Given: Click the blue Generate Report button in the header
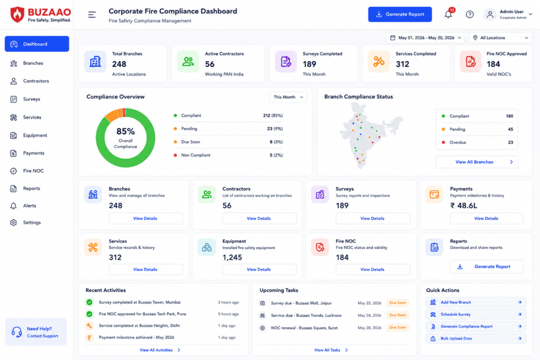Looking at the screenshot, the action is [x=400, y=14].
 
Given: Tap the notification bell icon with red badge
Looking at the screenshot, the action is [x=449, y=14].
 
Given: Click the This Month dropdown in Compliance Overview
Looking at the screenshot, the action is [x=288, y=97].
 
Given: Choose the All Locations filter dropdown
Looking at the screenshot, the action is [x=500, y=38].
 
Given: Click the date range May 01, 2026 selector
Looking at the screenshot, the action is [x=426, y=38].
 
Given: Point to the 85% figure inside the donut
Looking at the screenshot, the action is [x=126, y=131].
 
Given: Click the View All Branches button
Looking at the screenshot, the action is [x=477, y=162].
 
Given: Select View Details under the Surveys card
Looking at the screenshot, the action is [x=373, y=219].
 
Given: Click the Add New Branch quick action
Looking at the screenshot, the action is [x=476, y=302].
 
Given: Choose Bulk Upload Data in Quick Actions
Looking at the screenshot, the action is [x=476, y=339].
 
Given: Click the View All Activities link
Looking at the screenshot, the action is [x=160, y=350].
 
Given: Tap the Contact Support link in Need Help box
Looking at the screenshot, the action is [x=43, y=336].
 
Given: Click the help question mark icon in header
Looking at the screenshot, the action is [x=470, y=14].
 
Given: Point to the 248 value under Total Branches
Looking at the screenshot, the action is [x=119, y=64].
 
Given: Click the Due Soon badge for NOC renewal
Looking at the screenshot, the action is [x=398, y=327].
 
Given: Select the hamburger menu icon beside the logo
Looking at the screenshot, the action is [x=92, y=14].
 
